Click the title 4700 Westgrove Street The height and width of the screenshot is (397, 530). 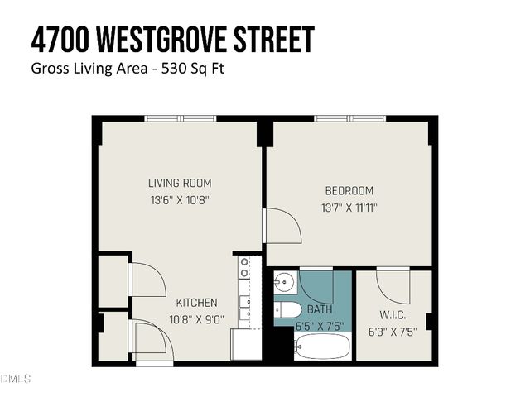(173, 39)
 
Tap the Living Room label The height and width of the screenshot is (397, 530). (180, 183)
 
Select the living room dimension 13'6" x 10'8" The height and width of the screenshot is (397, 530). (180, 199)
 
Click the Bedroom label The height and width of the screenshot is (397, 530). (349, 190)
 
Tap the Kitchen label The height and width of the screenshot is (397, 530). (196, 303)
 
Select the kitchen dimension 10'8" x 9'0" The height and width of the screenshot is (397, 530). (196, 319)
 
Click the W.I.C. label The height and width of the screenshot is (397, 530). (393, 314)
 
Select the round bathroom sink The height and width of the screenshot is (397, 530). (284, 282)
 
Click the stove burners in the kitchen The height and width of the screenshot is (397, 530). (245, 266)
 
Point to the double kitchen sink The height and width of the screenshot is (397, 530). (246, 308)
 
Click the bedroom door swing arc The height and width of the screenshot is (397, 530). (282, 225)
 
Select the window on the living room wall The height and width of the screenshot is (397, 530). (181, 118)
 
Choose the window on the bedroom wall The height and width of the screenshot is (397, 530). (349, 118)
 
